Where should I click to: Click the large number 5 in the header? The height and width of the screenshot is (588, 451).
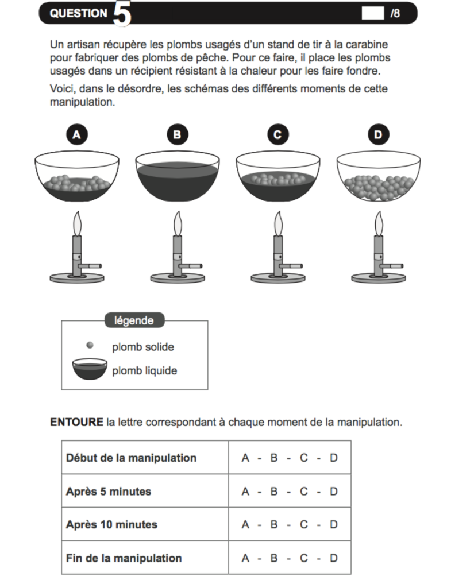click(122, 14)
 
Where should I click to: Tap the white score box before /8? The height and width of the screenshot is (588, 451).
click(372, 13)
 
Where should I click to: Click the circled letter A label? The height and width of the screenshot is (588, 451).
click(76, 135)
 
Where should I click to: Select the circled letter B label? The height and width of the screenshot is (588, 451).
click(177, 135)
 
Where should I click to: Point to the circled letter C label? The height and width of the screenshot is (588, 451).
click(277, 135)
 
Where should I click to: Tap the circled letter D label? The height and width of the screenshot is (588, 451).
click(378, 135)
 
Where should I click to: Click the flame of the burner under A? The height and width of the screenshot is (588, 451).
click(77, 223)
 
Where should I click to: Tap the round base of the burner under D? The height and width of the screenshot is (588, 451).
click(379, 278)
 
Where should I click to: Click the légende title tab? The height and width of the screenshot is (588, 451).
click(134, 320)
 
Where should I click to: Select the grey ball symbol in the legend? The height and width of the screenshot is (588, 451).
click(90, 345)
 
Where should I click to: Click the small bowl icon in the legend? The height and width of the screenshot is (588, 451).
click(90, 369)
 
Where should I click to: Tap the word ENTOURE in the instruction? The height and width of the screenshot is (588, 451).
click(76, 423)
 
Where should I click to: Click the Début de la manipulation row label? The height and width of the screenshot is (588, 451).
click(131, 458)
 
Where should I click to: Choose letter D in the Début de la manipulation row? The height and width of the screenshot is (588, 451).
click(334, 458)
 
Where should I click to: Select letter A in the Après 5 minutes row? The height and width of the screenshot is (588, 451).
click(246, 492)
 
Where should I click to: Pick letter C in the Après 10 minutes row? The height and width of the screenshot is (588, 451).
click(304, 524)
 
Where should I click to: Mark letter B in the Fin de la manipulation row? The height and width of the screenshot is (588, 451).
click(274, 558)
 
